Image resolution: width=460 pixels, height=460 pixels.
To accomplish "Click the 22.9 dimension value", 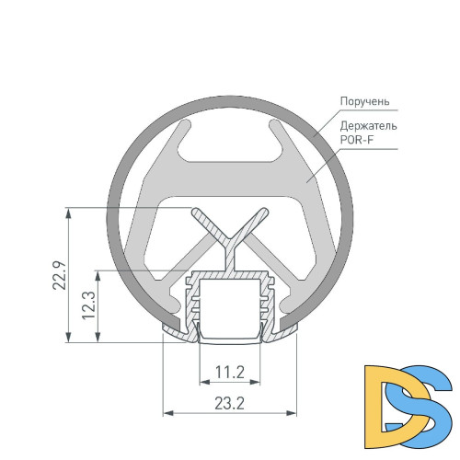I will (x=57, y=276).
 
